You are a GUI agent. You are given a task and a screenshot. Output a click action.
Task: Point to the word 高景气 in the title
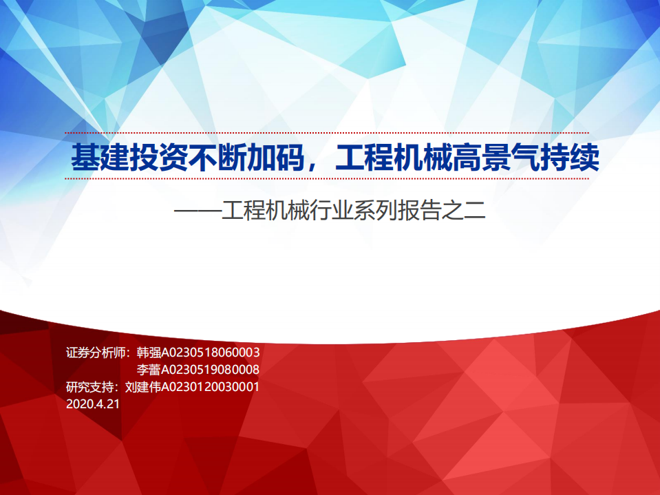[496, 158]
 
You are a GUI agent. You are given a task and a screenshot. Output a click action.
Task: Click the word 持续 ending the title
[569, 158]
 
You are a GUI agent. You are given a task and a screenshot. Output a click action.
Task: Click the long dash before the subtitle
[197, 210]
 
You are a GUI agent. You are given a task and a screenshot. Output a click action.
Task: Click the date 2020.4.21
[93, 404]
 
